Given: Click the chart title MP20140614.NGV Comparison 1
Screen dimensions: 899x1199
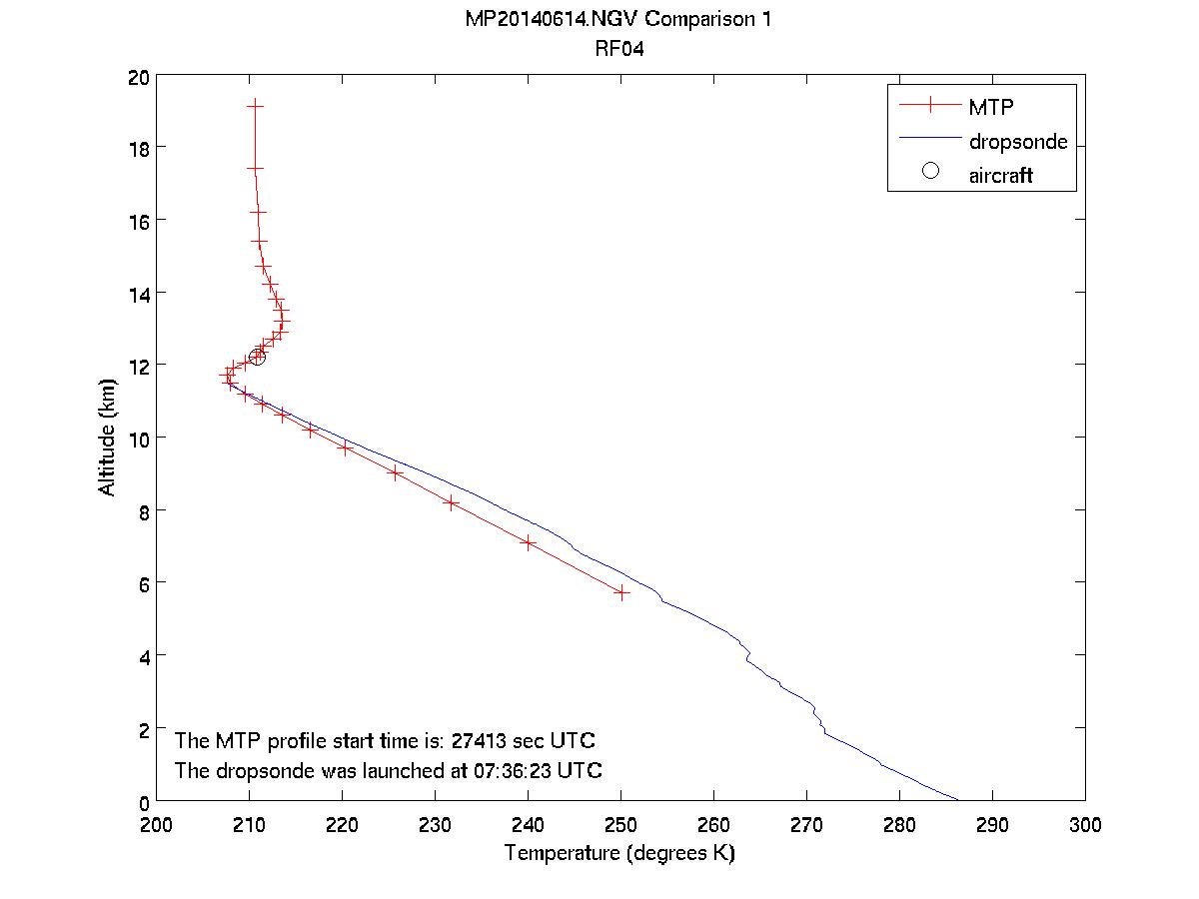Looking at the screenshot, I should (618, 20).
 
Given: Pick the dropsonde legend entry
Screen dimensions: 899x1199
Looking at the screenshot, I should (1017, 141).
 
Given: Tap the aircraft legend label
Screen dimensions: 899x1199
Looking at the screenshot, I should (999, 175).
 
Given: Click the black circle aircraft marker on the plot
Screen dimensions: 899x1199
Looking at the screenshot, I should (257, 357).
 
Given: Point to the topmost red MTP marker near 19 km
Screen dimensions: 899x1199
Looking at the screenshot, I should (255, 105).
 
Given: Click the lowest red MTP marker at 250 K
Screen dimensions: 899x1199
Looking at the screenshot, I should (620, 592).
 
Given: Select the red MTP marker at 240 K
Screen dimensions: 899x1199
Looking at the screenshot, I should (528, 543).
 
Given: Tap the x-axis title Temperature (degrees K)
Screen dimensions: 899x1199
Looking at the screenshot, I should (619, 854).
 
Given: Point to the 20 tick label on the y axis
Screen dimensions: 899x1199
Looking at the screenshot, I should (139, 76).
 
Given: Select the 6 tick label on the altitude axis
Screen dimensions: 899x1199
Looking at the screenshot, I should (144, 583).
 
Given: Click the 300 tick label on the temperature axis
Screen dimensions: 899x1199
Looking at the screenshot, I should (1084, 825).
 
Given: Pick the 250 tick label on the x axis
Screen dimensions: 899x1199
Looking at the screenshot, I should (620, 825).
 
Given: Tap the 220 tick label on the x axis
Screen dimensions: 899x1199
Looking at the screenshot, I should (342, 825).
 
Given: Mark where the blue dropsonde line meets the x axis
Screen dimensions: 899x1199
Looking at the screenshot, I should (958, 800).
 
